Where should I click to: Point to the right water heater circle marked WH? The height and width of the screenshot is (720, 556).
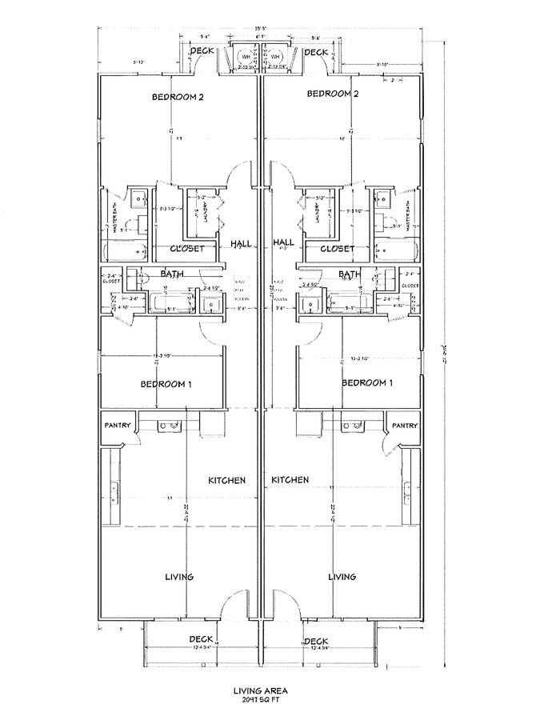pos(275,57)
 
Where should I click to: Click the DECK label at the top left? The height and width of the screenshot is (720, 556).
pos(201,52)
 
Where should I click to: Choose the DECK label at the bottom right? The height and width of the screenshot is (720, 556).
pos(316,641)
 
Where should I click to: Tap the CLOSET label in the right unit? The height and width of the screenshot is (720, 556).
pos(337,249)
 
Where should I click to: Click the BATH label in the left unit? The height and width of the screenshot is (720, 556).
pos(171,274)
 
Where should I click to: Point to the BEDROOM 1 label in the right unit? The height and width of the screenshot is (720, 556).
pos(367,383)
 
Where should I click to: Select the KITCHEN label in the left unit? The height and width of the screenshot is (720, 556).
pos(226,480)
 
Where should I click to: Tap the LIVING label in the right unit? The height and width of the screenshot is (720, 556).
pos(342,576)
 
